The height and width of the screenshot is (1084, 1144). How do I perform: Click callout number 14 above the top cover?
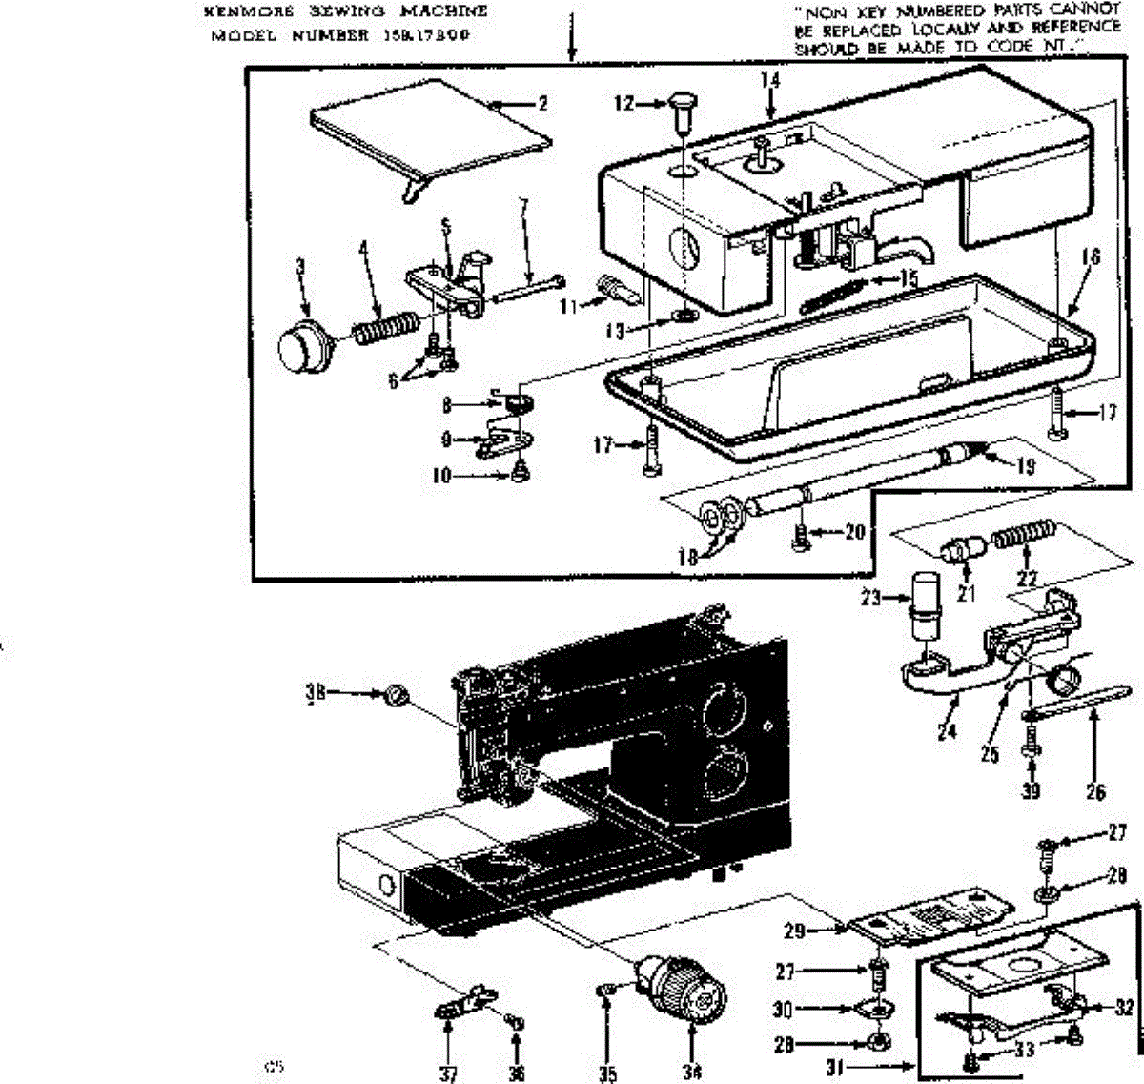tap(769, 81)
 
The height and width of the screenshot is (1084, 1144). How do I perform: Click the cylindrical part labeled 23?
tap(923, 609)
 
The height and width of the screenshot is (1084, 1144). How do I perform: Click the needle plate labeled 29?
tap(925, 917)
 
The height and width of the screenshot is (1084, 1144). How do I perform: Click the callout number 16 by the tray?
tap(1091, 257)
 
